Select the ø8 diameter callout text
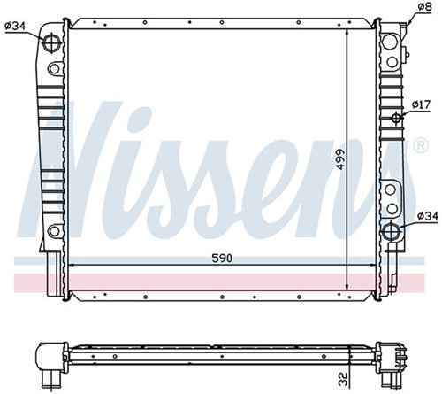point(424,8)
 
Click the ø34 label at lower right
point(426,216)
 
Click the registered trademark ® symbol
point(419,144)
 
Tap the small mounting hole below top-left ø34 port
point(54,69)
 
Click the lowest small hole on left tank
point(55,232)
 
